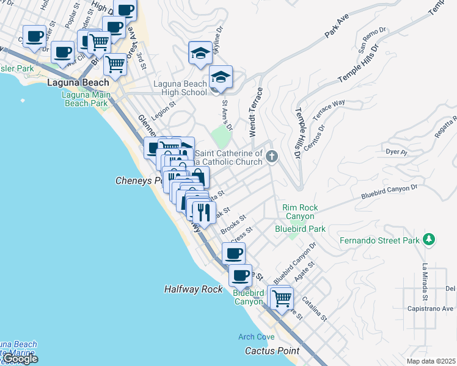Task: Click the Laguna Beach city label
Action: point(78,82)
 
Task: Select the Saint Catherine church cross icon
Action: point(272,157)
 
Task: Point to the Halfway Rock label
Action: point(194,289)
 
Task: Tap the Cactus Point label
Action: point(272,351)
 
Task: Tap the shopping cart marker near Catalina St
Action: point(281,298)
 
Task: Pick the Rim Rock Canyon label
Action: point(298,212)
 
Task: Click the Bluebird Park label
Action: point(300,229)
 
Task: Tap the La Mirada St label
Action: point(424,281)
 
